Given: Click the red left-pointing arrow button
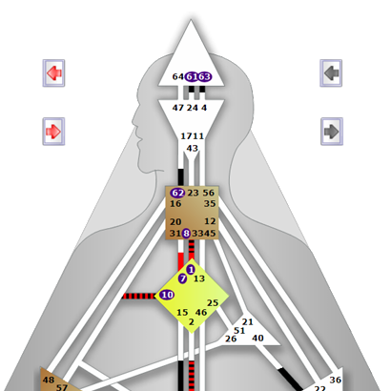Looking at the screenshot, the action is click(54, 73).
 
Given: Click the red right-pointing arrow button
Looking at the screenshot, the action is click(54, 132).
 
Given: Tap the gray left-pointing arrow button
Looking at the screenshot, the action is click(331, 72).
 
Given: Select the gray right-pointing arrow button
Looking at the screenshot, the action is click(332, 132).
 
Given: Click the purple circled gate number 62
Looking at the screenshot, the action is click(177, 193).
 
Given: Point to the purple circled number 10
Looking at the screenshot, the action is click(167, 295).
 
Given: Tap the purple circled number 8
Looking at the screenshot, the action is click(186, 234).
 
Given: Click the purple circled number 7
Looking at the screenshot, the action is click(182, 278).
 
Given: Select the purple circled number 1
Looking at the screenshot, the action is click(191, 270).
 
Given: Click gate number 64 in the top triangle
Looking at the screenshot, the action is click(178, 76).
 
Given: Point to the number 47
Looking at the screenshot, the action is click(178, 108).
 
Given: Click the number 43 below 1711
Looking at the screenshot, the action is click(192, 149).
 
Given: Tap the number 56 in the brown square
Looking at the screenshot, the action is click(209, 193).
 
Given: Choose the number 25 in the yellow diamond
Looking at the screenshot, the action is click(213, 303).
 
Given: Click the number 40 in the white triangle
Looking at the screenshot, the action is click(257, 338).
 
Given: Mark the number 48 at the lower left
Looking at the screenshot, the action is click(49, 380).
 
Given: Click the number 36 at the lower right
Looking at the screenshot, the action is click(336, 380).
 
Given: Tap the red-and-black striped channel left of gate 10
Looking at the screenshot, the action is click(138, 297).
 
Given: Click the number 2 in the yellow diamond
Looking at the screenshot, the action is click(191, 322).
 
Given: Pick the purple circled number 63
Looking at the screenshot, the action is click(205, 76).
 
